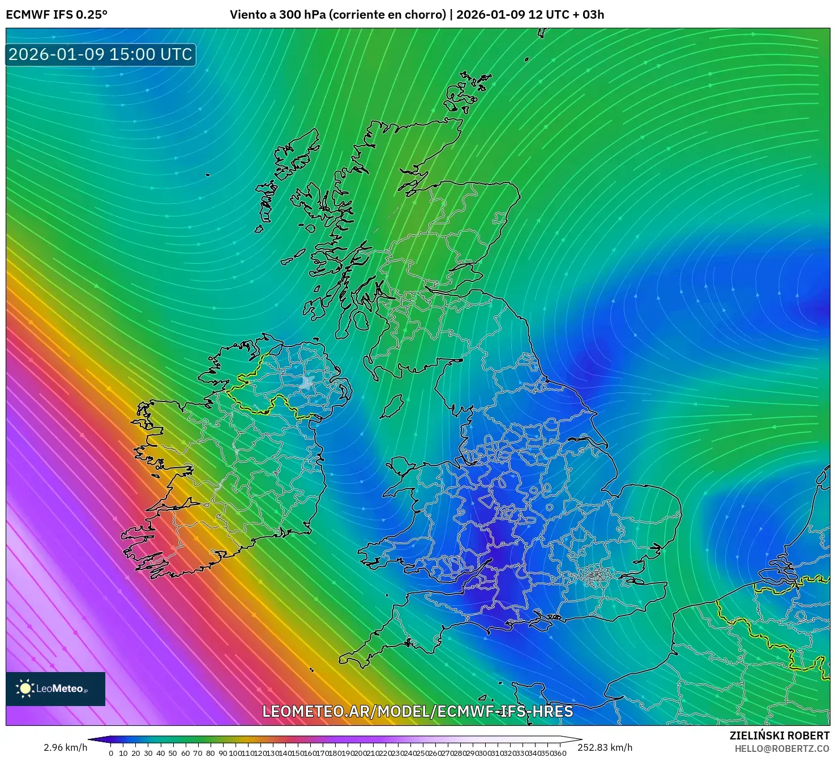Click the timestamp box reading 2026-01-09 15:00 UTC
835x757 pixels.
[x=101, y=55]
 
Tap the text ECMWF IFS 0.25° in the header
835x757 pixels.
[x=57, y=15]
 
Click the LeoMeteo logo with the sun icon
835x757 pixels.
[x=55, y=688]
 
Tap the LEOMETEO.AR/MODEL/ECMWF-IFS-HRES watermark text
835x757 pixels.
[x=418, y=712]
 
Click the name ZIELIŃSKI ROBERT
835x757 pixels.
[x=779, y=735]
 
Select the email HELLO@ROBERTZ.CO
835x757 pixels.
[x=782, y=749]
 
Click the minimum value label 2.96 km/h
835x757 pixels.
[x=66, y=747]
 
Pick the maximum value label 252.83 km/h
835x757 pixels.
[x=605, y=747]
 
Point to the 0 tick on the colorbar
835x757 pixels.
[x=111, y=752]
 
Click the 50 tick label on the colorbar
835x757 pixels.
[x=173, y=752]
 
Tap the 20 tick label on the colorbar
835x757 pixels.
[x=136, y=752]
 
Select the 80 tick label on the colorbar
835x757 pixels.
[x=210, y=752]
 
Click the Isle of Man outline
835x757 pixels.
[x=391, y=407]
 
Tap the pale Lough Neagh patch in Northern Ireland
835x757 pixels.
[x=307, y=383]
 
